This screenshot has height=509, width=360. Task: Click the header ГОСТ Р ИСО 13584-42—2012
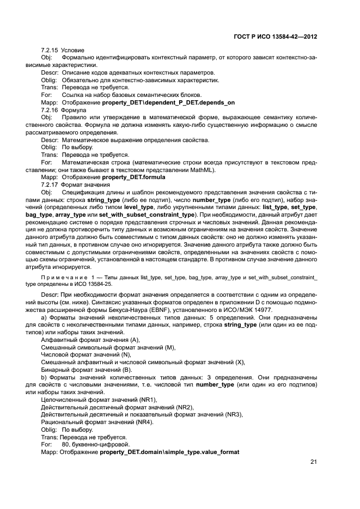click(276, 36)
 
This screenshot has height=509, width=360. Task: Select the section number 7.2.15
click(51, 50)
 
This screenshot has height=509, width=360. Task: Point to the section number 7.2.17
click(51, 185)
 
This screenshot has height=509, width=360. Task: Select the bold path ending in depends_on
click(168, 102)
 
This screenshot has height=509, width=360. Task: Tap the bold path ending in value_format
click(169, 452)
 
